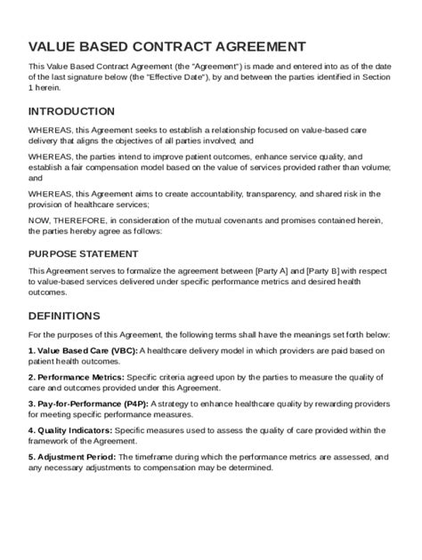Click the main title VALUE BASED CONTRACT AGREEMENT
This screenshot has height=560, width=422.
[x=167, y=46]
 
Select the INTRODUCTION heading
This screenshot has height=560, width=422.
[x=71, y=112]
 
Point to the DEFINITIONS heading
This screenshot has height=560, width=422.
[x=64, y=316]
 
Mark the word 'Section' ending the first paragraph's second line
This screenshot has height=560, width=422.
[x=375, y=77]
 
